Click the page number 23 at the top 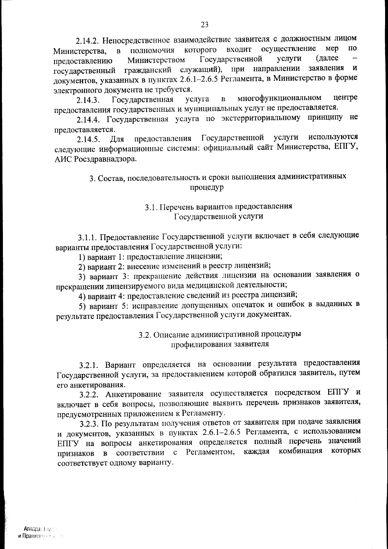coord(205,25)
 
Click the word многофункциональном coord(279,98)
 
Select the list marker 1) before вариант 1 coord(82,257)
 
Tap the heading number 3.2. coord(145,335)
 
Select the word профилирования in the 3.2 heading coord(200,344)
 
